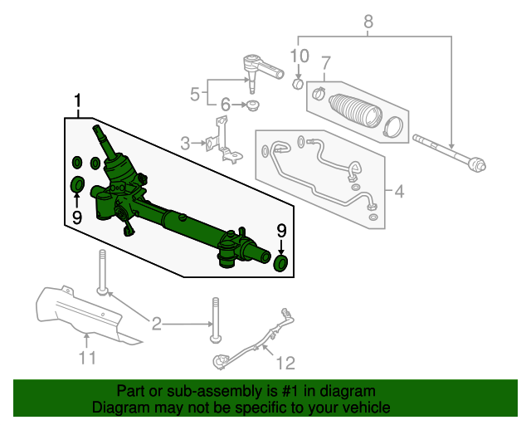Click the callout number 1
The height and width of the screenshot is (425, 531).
[78, 101]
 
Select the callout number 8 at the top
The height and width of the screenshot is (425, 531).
[369, 22]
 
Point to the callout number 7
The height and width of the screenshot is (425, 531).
[326, 62]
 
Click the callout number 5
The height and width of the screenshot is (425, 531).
[195, 94]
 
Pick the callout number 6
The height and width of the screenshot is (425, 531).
[224, 105]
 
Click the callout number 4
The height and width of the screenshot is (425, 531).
[399, 193]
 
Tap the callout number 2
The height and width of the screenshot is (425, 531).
[155, 322]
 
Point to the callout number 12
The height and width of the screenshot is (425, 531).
[285, 362]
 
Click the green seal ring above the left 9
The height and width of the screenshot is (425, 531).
[77, 183]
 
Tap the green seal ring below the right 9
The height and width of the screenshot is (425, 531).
[281, 264]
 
